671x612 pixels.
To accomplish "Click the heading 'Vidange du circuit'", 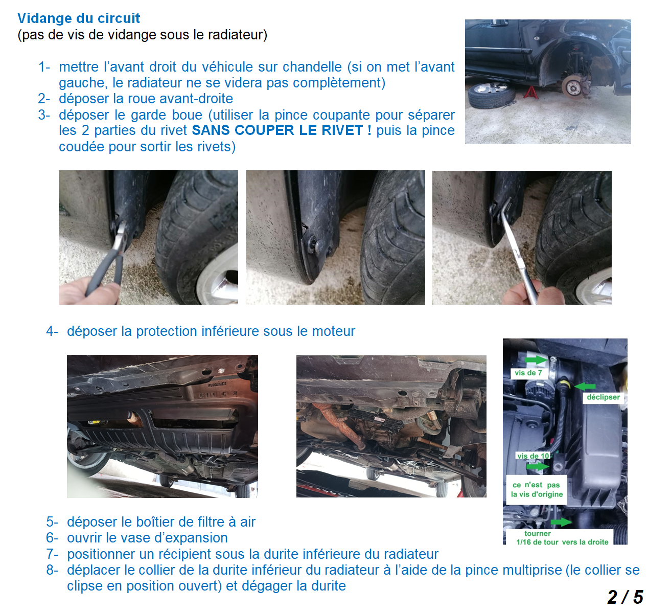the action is click(x=79, y=18).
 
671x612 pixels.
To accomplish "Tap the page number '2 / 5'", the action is click(x=625, y=597).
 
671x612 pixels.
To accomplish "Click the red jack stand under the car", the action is click(x=530, y=93).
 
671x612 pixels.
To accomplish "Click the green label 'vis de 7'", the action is click(x=528, y=373).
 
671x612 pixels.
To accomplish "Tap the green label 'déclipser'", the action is click(x=603, y=397).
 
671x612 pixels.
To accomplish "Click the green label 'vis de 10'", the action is click(x=533, y=456).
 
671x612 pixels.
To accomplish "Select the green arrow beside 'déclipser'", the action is click(x=584, y=387).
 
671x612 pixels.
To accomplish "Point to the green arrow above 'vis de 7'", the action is click(x=536, y=360).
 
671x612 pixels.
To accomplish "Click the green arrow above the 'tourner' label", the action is click(x=561, y=522).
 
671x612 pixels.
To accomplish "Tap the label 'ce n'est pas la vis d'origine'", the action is click(x=537, y=489).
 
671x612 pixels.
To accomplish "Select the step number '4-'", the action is click(x=52, y=331).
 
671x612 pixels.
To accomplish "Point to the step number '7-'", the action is click(x=52, y=554).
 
